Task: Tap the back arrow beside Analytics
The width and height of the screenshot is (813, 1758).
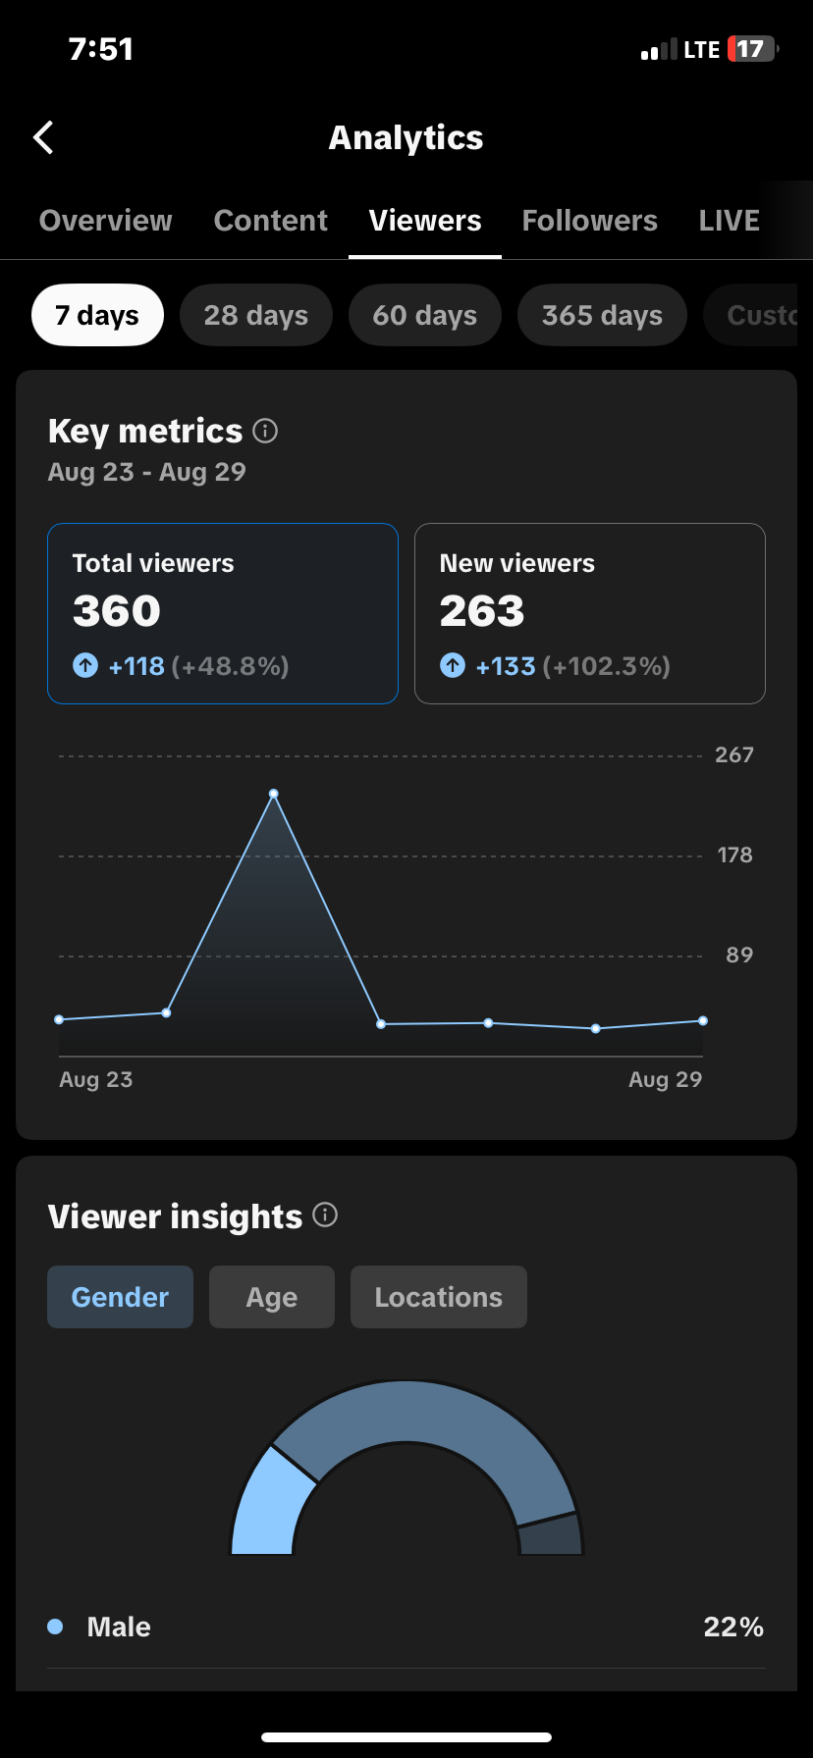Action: (x=43, y=138)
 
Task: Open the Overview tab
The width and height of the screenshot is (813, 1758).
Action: (x=105, y=221)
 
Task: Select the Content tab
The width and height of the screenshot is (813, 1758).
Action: (x=270, y=221)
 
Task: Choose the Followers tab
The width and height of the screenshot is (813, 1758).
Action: (x=589, y=221)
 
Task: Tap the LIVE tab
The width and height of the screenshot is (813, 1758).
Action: (x=729, y=221)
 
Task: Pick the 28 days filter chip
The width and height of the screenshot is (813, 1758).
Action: (x=256, y=315)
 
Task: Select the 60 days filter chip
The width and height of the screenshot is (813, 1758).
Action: (x=425, y=315)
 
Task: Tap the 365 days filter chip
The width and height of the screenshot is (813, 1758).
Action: (x=602, y=315)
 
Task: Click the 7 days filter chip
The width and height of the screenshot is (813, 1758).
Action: (x=97, y=315)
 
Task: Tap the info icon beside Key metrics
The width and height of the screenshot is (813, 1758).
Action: (x=265, y=431)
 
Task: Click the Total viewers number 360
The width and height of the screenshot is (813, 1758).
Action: (x=116, y=611)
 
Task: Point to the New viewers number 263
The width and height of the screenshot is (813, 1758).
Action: (x=482, y=611)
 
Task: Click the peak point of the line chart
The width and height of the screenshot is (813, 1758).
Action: (x=274, y=794)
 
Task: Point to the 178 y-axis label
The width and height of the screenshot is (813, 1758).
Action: (x=734, y=855)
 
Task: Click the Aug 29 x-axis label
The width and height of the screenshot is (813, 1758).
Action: (x=665, y=1079)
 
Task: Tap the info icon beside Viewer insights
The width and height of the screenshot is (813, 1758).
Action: (x=325, y=1215)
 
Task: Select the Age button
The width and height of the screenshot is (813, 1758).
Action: (x=272, y=1297)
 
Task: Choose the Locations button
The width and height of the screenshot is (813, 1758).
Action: (x=439, y=1297)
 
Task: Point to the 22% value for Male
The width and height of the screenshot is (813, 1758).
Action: (x=733, y=1627)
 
